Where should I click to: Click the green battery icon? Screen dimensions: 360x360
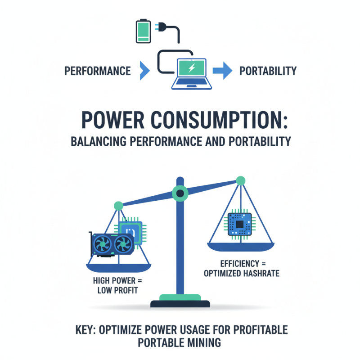tap(144, 31)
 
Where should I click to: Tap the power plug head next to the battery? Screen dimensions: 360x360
tap(161, 27)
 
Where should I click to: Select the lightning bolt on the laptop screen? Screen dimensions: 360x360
tap(192, 67)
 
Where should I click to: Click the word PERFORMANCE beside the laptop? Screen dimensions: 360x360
tap(98, 71)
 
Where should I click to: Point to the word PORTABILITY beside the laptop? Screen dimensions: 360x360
tap(268, 71)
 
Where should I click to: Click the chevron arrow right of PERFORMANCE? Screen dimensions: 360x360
tap(145, 71)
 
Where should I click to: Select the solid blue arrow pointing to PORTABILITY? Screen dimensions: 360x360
tap(222, 71)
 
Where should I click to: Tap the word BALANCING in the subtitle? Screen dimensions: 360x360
tap(99, 141)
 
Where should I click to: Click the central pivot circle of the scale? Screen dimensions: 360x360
tap(180, 193)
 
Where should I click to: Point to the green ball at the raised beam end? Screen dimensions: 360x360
tap(241, 181)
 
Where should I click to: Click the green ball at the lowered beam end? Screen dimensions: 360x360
tap(118, 206)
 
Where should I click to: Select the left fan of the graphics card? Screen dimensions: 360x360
tap(103, 244)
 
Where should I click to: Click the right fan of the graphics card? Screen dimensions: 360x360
tap(123, 244)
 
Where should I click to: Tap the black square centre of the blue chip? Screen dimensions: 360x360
tap(239, 224)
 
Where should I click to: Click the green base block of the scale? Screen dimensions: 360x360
tap(180, 297)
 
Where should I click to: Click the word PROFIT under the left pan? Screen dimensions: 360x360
tap(126, 290)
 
